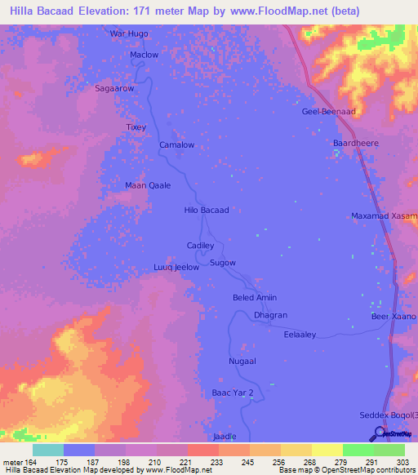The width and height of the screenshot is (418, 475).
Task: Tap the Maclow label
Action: [145, 55]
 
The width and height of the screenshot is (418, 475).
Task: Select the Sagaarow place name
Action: [114, 87]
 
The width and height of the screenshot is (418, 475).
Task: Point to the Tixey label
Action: [135, 127]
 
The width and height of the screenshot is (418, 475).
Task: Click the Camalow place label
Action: [176, 144]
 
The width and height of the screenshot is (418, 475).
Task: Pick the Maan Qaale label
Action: [148, 185]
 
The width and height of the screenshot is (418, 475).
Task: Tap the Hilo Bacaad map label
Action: [207, 210]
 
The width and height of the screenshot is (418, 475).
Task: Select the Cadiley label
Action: [200, 245]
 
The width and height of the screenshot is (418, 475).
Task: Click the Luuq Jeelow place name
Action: [176, 267]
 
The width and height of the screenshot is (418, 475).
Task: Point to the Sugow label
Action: [223, 263]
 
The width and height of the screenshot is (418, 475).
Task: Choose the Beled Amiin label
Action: [255, 298]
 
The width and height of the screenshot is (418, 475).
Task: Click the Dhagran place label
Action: [270, 315]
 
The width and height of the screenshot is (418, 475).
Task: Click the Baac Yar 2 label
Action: [233, 393]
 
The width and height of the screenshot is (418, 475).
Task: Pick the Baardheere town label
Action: [356, 143]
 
